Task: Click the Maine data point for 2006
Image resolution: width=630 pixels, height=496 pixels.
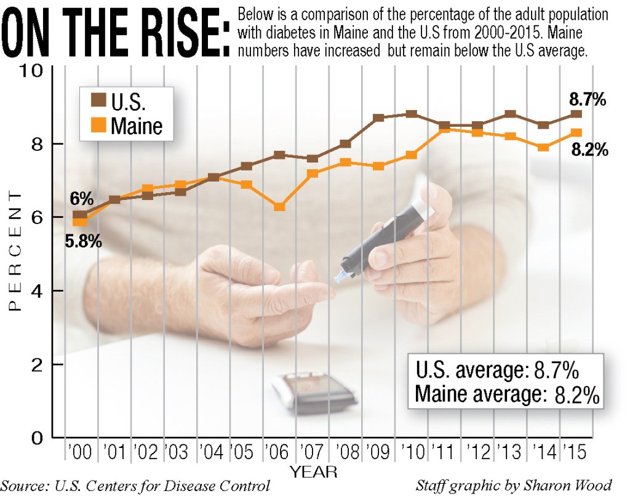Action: pos(279,207)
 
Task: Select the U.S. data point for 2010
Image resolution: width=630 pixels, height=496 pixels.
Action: pos(411,114)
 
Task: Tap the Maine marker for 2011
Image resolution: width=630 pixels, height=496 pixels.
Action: pos(444,129)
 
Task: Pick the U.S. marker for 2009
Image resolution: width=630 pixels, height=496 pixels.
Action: pos(378,118)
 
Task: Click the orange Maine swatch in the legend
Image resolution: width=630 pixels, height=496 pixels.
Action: pos(98,124)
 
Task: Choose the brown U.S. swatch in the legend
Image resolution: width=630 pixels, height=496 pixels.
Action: pos(98,100)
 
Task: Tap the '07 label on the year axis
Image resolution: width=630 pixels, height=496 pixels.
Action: pos(312,452)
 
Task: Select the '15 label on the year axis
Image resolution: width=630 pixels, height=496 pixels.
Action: pos(575,452)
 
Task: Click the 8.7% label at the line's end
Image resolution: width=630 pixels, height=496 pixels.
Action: pos(588,99)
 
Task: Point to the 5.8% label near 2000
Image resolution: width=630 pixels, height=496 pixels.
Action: pos(84,241)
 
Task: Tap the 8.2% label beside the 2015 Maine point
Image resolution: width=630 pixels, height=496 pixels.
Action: pos(590,150)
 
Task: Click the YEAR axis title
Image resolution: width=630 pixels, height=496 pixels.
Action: pos(314,471)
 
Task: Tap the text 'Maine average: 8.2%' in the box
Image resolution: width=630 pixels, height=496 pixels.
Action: pos(507,394)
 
